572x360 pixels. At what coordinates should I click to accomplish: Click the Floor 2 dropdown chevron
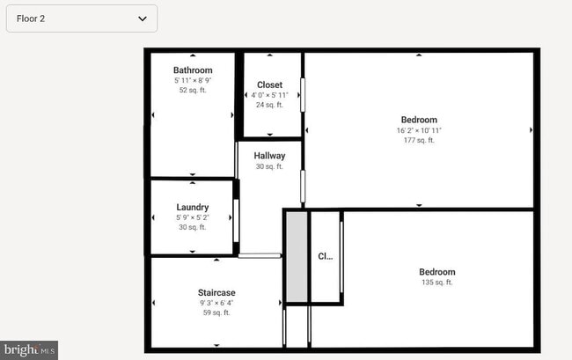click(143, 18)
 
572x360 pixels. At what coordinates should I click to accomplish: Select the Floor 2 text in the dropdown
click(31, 18)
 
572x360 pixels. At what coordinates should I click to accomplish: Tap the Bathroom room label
click(193, 70)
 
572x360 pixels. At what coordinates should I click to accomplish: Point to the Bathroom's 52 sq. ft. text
click(193, 90)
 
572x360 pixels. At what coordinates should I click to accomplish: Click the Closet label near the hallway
click(269, 84)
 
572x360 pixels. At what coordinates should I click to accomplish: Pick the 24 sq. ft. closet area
click(269, 105)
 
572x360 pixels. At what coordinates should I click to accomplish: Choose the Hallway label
click(269, 156)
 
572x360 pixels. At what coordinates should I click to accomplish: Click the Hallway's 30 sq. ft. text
click(269, 166)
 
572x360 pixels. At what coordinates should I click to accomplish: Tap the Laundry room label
click(192, 207)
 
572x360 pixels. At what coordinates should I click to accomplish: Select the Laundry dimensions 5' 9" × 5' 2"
click(192, 217)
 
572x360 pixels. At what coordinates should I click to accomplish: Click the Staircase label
click(216, 292)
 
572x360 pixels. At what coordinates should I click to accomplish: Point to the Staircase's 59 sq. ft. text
click(216, 312)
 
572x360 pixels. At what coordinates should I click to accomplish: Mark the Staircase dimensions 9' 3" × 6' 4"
click(216, 303)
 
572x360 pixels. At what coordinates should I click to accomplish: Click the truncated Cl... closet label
click(326, 257)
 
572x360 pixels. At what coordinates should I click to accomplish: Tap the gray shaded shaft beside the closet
click(297, 257)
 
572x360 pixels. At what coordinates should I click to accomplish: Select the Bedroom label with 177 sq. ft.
click(419, 120)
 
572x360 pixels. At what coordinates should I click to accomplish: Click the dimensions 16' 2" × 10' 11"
click(419, 130)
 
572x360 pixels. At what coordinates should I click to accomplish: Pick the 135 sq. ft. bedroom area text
click(437, 283)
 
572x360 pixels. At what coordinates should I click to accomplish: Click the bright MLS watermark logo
click(29, 349)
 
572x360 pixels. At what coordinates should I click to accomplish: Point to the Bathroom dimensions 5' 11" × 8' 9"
click(193, 80)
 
